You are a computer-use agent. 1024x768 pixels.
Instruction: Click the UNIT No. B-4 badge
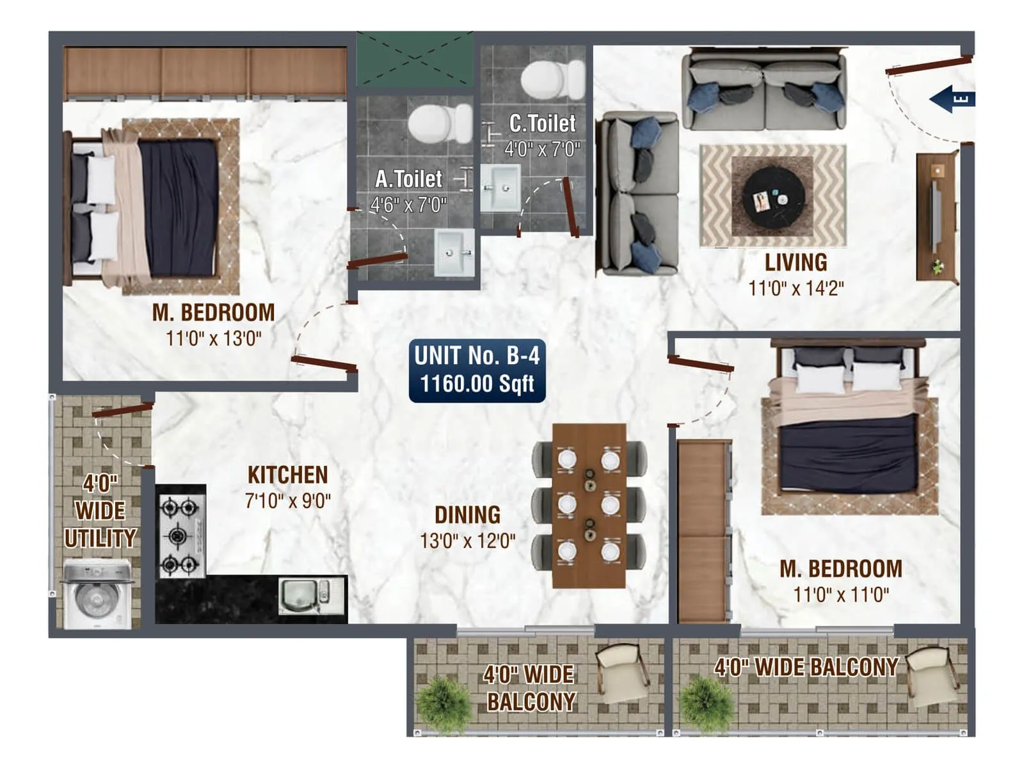pyautogui.click(x=477, y=371)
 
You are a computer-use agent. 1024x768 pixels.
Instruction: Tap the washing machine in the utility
pyautogui.click(x=97, y=594)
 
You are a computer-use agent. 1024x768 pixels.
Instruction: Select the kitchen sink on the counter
pyautogui.click(x=305, y=596)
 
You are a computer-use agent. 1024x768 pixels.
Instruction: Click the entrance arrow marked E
pyautogui.click(x=952, y=99)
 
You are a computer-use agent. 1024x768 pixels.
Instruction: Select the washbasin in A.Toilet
pyautogui.click(x=454, y=253)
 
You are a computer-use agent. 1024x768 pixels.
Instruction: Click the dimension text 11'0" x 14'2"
pyautogui.click(x=796, y=289)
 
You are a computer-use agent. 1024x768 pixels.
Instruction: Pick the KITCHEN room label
pyautogui.click(x=287, y=475)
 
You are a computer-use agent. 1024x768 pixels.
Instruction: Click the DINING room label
pyautogui.click(x=467, y=515)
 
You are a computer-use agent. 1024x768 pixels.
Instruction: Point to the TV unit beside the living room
pyautogui.click(x=936, y=216)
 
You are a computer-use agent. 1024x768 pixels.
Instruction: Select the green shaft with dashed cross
pyautogui.click(x=414, y=59)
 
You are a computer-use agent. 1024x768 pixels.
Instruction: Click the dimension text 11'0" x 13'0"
pyautogui.click(x=214, y=338)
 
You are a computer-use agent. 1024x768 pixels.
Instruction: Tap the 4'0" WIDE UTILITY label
pyautogui.click(x=100, y=511)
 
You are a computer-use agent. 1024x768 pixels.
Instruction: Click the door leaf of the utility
pyautogui.click(x=122, y=410)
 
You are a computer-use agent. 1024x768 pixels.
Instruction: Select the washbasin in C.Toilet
pyautogui.click(x=499, y=188)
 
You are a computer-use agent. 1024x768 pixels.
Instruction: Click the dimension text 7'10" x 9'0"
pyautogui.click(x=287, y=500)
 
